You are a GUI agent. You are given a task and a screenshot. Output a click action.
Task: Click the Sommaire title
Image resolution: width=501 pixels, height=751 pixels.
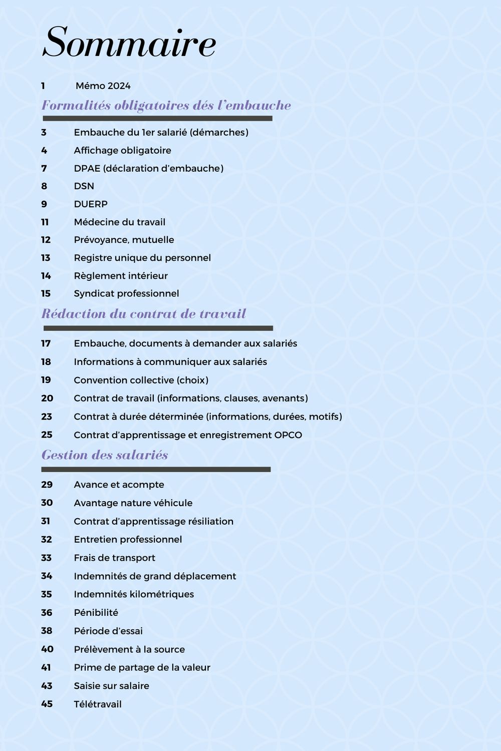129,43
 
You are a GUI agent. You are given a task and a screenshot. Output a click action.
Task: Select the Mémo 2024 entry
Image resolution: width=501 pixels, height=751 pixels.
103,86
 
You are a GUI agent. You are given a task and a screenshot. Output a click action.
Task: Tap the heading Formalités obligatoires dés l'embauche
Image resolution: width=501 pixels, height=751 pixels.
166,106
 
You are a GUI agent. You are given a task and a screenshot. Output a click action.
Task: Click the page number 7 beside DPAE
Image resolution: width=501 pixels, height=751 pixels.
44,168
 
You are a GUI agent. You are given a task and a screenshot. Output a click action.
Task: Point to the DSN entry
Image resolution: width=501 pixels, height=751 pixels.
84,186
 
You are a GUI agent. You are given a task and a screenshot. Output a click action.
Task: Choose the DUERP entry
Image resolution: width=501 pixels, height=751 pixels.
91,204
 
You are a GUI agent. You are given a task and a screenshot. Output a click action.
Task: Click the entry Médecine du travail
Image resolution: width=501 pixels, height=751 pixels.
119,222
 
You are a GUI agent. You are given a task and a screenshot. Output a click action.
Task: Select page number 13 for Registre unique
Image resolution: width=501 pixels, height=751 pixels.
46,258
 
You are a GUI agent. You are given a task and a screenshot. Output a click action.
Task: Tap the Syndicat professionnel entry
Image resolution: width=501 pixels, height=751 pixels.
126,293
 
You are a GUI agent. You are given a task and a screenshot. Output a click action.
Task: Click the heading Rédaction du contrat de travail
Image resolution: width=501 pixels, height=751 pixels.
144,314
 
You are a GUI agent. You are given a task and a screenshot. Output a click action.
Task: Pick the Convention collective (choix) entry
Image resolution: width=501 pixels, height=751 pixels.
141,380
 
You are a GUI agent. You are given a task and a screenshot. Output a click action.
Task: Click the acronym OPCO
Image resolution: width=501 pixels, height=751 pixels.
288,435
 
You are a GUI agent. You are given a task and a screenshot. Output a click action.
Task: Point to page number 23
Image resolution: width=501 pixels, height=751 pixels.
47,417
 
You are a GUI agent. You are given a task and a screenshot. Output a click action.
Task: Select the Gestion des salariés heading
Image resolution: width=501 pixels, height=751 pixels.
105,455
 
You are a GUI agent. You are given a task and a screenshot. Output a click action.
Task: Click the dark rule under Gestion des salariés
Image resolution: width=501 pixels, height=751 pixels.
156,470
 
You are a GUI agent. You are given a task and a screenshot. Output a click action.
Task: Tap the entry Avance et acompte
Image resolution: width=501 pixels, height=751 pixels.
119,485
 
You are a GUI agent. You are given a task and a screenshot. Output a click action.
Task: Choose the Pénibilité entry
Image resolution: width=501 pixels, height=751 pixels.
96,613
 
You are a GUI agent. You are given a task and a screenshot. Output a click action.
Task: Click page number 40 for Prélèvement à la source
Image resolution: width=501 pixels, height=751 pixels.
47,649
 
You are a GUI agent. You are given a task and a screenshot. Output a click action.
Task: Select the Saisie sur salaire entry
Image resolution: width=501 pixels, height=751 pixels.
111,686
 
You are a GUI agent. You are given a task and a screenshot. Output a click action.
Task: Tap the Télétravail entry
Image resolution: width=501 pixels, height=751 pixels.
98,704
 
